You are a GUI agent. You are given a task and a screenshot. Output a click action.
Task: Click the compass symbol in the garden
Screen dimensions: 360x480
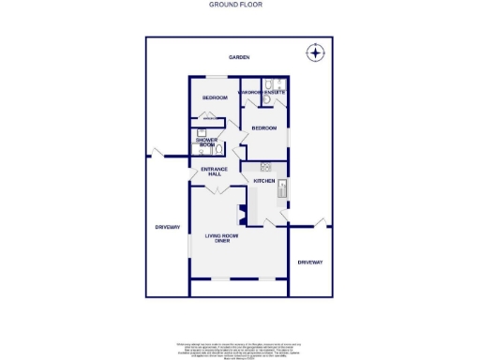[x=316, y=52]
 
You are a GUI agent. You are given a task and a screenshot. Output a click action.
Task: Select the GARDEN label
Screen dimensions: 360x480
[x=238, y=58]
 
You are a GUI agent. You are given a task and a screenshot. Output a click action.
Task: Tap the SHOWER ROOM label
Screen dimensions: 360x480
[x=206, y=142]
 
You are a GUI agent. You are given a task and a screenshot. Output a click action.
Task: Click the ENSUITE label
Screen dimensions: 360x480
[x=274, y=92]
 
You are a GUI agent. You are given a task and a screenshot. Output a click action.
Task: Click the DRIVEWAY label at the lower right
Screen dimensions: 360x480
[x=309, y=262]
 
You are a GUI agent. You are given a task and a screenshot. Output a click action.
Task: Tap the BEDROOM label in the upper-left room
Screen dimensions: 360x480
[x=216, y=97]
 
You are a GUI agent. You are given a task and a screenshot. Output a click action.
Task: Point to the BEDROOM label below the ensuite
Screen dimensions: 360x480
[x=263, y=127]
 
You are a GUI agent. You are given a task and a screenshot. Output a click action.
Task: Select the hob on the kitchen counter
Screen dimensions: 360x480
[x=253, y=168]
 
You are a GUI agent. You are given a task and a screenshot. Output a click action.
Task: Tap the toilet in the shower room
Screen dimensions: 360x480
[x=218, y=147]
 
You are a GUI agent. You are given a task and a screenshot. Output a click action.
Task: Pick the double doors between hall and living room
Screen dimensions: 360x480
[x=217, y=189]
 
